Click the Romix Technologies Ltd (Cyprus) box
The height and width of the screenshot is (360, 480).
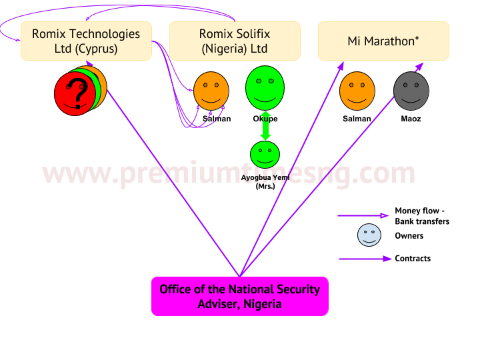[87, 41]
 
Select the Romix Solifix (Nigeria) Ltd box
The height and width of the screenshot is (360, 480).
[235, 41]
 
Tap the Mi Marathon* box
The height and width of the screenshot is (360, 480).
[383, 41]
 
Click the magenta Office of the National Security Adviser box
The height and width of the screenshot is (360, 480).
[240, 296]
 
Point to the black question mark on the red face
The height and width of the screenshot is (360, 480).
[79, 93]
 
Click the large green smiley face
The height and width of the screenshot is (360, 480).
[265, 87]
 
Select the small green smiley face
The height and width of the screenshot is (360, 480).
[265, 154]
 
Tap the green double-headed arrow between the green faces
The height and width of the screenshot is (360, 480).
[265, 126]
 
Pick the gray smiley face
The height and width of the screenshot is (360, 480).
[411, 91]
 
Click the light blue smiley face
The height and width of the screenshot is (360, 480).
[369, 235]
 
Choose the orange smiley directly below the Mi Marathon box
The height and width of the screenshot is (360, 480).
[357, 91]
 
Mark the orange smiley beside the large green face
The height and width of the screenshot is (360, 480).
[211, 91]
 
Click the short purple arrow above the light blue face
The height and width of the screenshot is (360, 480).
[363, 215]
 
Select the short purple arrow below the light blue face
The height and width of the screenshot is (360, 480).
[365, 259]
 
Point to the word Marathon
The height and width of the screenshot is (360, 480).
[391, 41]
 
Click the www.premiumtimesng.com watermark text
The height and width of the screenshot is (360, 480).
[229, 173]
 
